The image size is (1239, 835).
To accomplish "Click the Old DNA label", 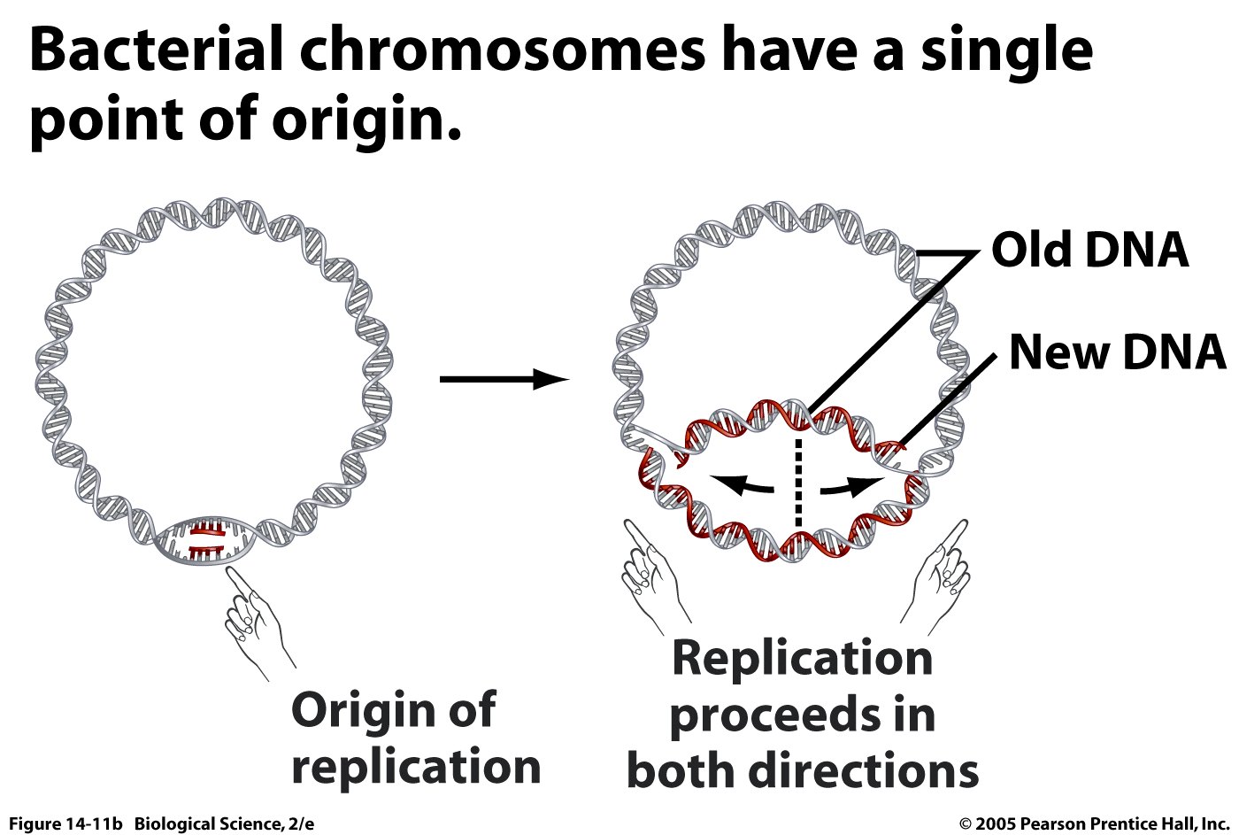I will tap(1089, 250).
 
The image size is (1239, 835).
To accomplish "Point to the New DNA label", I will tap(1118, 352).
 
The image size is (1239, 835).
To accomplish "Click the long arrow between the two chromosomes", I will tap(504, 380).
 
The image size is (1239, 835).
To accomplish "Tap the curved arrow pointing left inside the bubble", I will tap(744, 485).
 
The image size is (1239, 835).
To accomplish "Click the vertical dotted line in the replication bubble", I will tap(798, 483).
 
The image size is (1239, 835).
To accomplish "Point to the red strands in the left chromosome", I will tap(205, 540).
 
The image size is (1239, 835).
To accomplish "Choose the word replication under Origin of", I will tap(416, 767).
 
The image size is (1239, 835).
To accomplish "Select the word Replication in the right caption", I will tap(803, 659).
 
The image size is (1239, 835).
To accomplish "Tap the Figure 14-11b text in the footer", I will tap(65, 824).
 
